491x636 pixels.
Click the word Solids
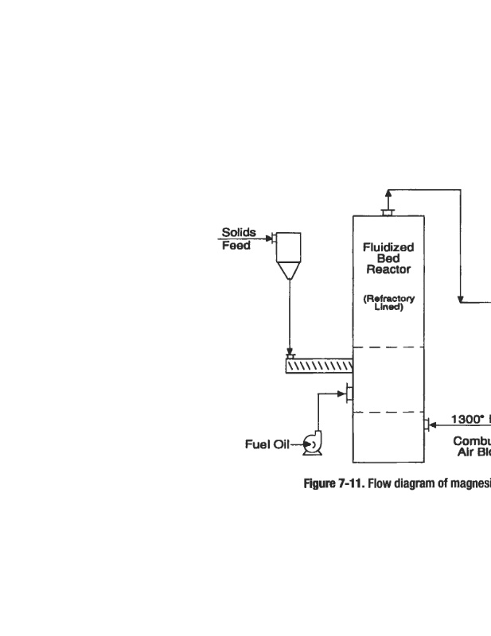[x=238, y=233]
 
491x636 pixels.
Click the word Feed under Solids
[x=236, y=246]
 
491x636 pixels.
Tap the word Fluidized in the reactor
[x=388, y=247]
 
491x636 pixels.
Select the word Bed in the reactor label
[x=388, y=258]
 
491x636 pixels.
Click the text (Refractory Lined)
[x=388, y=303]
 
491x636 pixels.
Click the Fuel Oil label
[x=267, y=444]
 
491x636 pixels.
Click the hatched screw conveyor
[x=318, y=366]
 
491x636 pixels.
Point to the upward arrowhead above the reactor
[x=388, y=193]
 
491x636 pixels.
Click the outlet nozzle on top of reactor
[x=388, y=211]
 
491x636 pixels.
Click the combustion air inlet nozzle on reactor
[x=427, y=425]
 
